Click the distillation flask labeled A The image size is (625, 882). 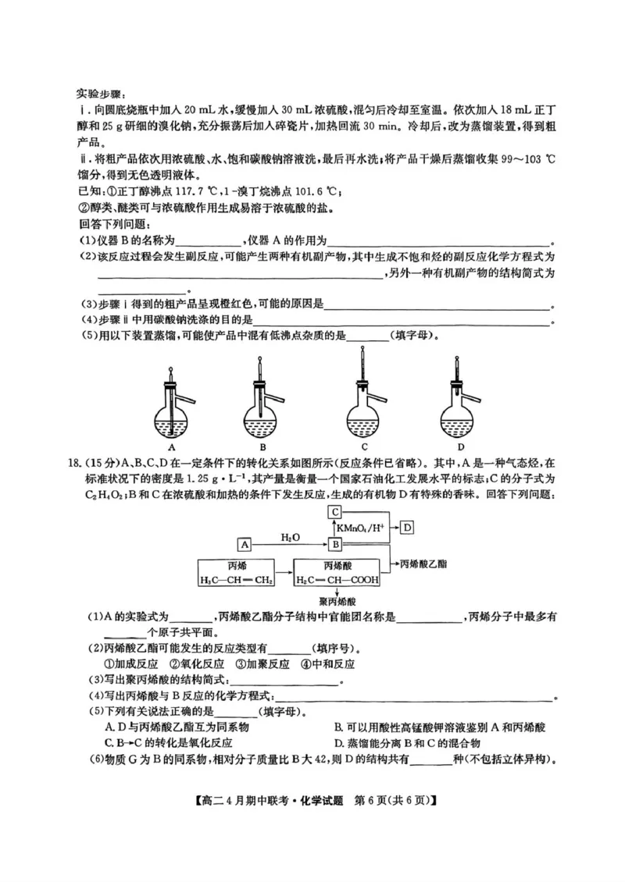coord(170,410)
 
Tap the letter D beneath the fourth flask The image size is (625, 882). coord(461,447)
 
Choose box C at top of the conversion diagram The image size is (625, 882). coord(334,512)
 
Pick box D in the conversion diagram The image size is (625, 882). coord(409,528)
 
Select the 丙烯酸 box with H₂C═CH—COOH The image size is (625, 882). coord(337,573)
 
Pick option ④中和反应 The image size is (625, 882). coord(328,664)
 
